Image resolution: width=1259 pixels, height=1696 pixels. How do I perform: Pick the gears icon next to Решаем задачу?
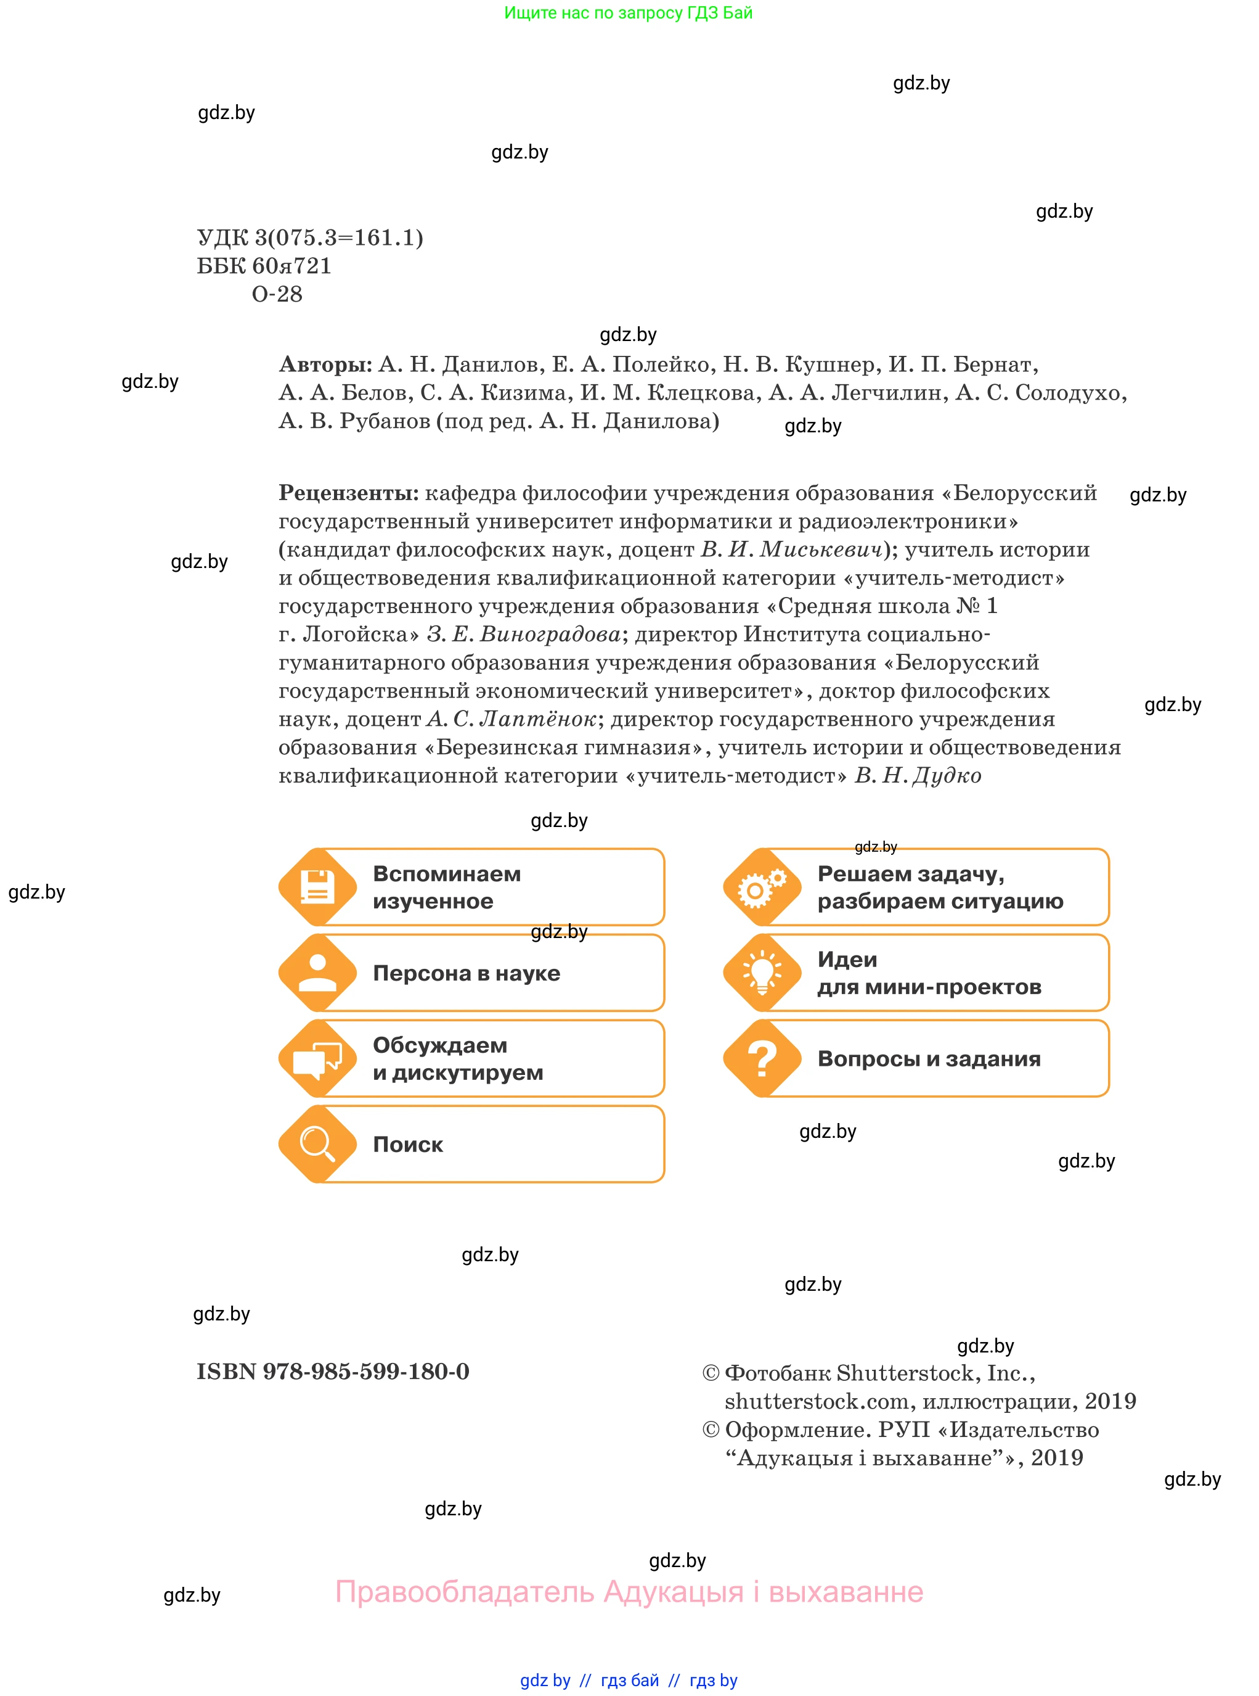click(x=762, y=887)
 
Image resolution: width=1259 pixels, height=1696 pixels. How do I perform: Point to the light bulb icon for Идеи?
click(x=762, y=973)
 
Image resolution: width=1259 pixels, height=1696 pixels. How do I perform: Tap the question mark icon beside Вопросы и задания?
click(x=762, y=1058)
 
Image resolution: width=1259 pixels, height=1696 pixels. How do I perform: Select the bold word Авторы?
click(x=325, y=364)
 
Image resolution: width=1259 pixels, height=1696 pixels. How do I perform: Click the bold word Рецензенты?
click(x=348, y=493)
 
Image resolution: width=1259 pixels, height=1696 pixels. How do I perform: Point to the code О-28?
click(x=277, y=294)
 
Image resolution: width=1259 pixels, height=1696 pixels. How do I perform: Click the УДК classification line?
click(x=309, y=238)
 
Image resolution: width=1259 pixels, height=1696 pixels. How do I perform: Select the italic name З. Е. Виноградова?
click(x=524, y=635)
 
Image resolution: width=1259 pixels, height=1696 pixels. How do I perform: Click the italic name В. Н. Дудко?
click(x=918, y=776)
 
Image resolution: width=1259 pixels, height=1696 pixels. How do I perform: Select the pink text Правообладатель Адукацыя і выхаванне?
click(x=629, y=1592)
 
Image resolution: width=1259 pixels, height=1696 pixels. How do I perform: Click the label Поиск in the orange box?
click(x=408, y=1145)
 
